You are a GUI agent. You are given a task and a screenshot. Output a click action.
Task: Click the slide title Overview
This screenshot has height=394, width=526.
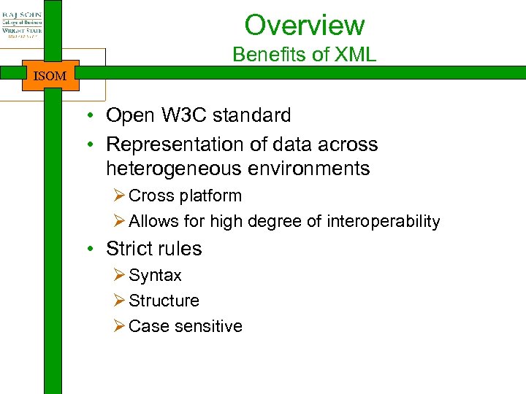click(x=304, y=25)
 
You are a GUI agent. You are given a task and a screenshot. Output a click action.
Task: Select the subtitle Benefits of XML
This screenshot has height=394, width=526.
click(x=304, y=55)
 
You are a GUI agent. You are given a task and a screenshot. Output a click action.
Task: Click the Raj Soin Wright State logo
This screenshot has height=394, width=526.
click(x=21, y=26)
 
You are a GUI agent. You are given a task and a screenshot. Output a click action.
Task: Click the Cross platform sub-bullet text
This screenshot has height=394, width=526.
click(x=185, y=196)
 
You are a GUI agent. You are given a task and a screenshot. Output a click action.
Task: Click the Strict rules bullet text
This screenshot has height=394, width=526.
click(x=153, y=249)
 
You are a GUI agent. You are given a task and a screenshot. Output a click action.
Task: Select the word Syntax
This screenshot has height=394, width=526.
click(x=155, y=276)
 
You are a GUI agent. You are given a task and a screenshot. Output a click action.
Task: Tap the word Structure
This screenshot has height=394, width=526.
click(x=164, y=301)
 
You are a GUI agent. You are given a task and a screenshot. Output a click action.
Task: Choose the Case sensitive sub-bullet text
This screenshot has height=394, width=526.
click(x=185, y=326)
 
